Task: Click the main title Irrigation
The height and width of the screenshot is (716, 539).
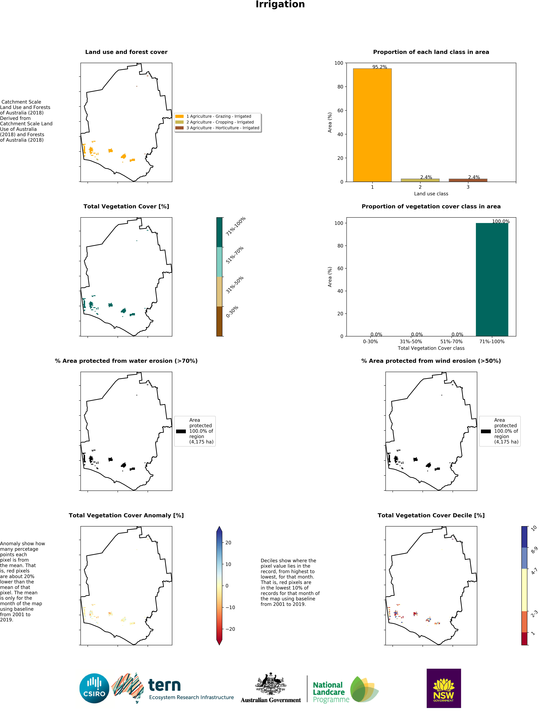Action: point(280,4)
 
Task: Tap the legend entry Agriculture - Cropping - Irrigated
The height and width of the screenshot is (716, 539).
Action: point(220,122)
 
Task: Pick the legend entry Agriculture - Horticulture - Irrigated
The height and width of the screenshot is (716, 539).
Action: point(222,128)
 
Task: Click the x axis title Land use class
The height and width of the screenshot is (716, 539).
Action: point(431,194)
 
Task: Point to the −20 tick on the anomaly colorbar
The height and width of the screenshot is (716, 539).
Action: point(230,629)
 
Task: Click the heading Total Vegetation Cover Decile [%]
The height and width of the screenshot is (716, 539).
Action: point(431,515)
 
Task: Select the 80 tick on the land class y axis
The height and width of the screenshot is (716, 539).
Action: point(340,87)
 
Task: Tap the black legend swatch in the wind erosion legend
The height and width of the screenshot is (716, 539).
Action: point(486,431)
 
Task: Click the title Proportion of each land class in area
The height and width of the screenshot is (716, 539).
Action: point(431,52)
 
